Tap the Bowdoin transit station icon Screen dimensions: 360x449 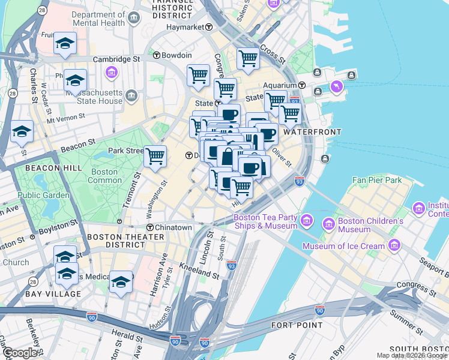(156, 55)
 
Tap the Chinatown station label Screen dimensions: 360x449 (173, 227)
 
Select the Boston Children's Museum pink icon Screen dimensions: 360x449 (328, 225)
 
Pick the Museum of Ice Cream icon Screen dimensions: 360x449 (394, 245)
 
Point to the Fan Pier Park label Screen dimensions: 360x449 (376, 179)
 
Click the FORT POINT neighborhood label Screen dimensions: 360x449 (296, 325)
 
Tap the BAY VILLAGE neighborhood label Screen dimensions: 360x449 (53, 294)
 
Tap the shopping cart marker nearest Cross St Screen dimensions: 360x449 (248, 59)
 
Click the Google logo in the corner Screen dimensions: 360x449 (20, 353)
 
